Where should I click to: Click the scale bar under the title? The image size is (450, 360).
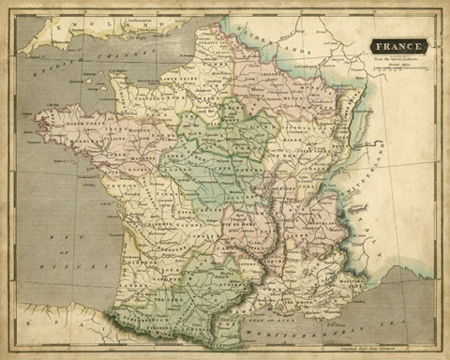[x=397, y=71]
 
